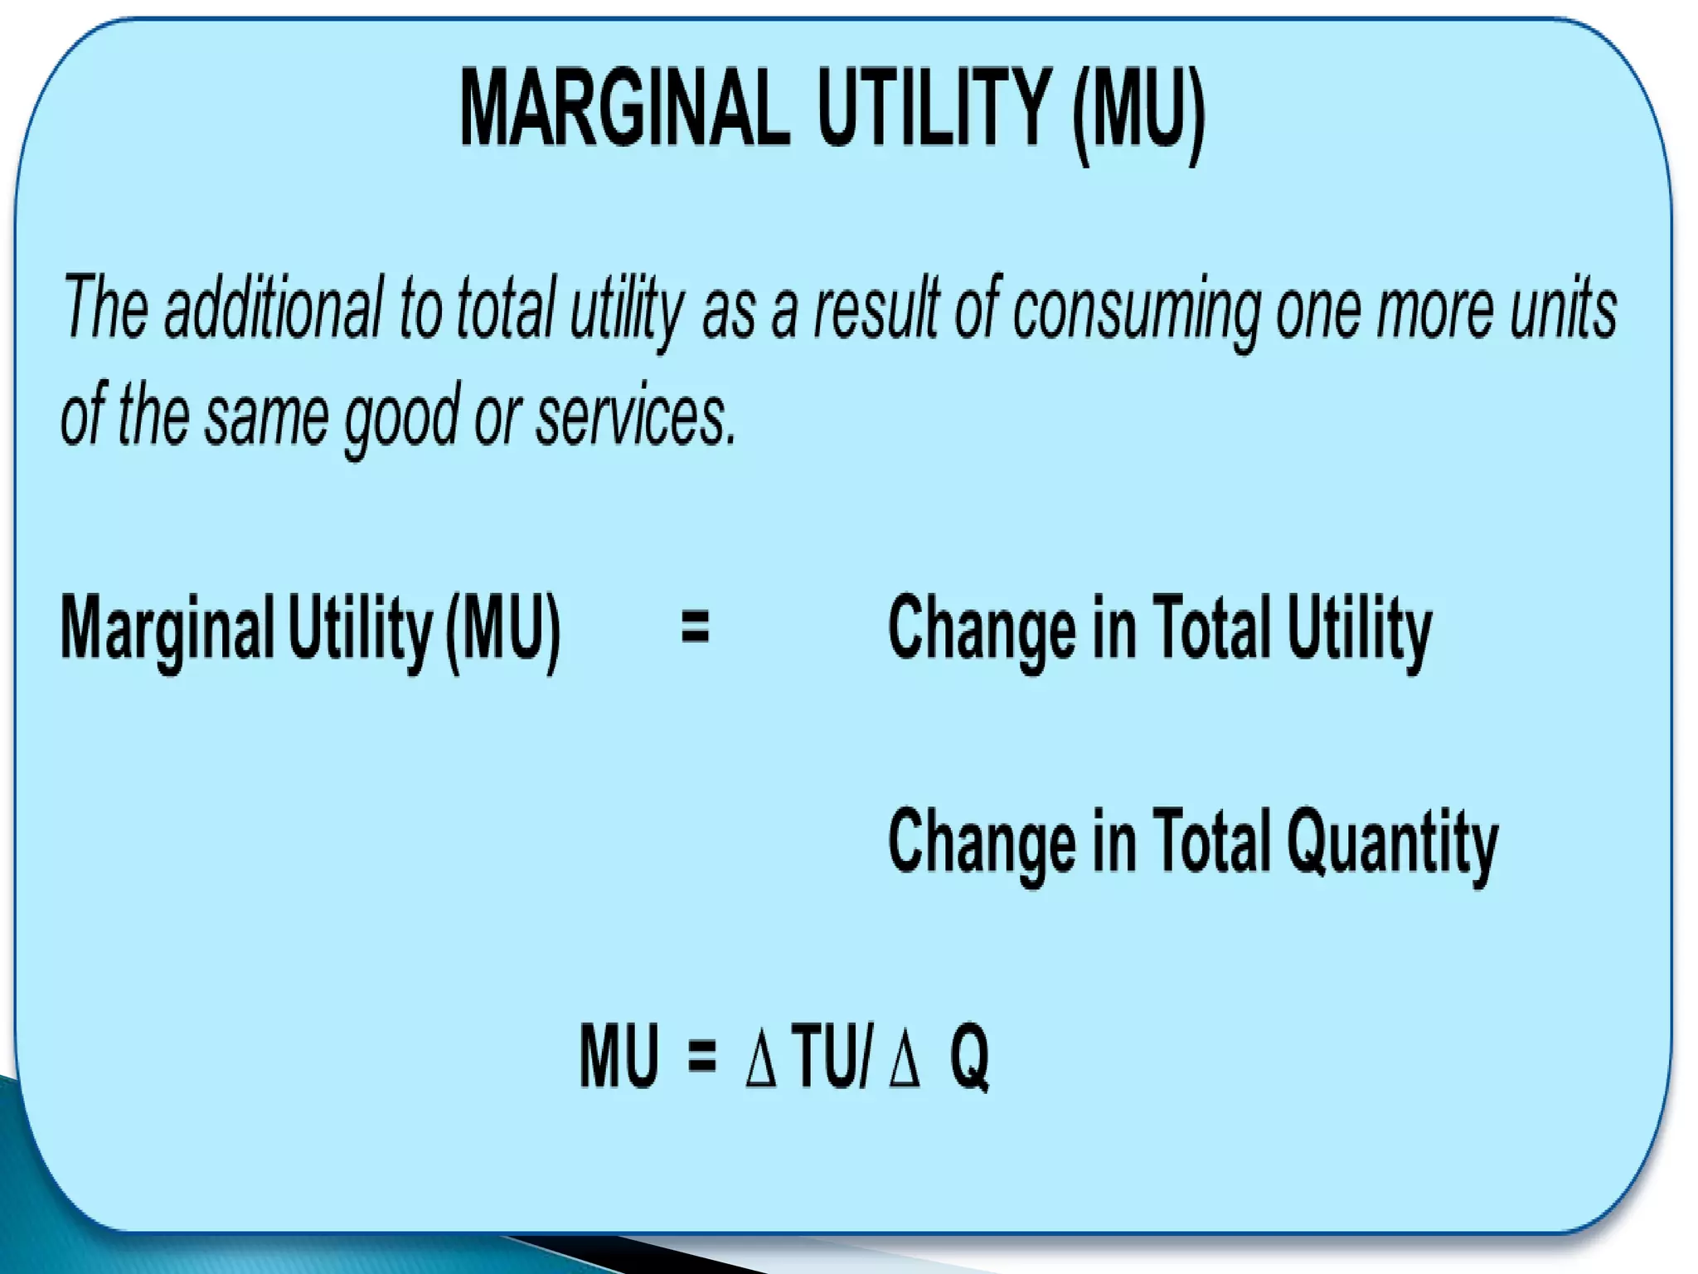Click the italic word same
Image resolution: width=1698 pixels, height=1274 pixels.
tap(267, 418)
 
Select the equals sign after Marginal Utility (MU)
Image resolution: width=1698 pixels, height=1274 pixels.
tap(695, 627)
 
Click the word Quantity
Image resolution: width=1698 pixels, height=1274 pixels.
tap(1392, 843)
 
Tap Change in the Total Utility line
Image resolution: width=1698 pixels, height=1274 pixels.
tap(982, 629)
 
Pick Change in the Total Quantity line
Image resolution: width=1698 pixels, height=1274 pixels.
tap(982, 843)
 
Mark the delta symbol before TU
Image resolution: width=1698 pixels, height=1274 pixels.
tap(760, 1060)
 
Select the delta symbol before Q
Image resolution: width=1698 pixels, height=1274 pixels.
tap(904, 1060)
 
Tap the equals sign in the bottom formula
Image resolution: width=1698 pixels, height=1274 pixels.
tap(701, 1058)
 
